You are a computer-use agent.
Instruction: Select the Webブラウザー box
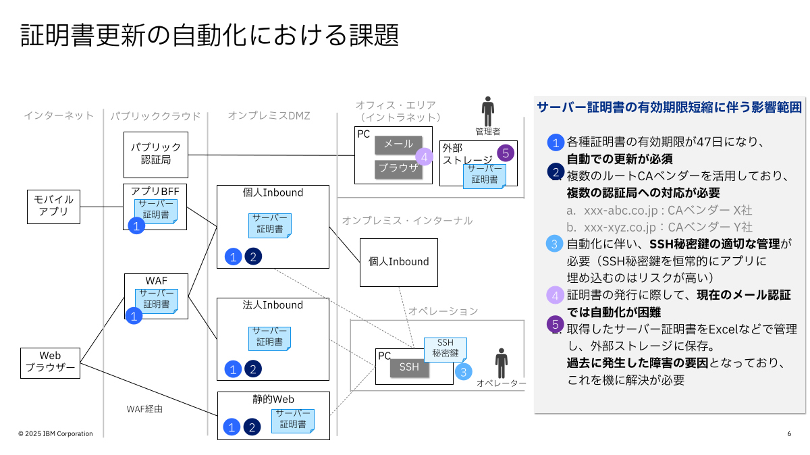pos(51,363)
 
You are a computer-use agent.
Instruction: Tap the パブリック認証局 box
pos(156,155)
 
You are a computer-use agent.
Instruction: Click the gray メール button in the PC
pos(398,144)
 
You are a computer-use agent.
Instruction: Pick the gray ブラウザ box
pos(398,169)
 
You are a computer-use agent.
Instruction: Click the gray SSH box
pos(409,367)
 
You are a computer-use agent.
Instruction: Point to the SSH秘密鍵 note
pos(445,348)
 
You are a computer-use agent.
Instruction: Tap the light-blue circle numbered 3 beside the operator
pos(463,371)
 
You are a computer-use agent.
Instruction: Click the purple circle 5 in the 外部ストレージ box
pos(506,153)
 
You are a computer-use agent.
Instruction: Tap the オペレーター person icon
pos(501,363)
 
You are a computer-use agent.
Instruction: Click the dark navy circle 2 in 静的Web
pos(252,427)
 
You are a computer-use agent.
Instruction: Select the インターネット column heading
pos(59,115)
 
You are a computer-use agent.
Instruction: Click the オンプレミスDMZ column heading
pos(269,115)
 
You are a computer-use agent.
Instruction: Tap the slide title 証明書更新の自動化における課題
pos(209,35)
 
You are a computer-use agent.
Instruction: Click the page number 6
pos(789,433)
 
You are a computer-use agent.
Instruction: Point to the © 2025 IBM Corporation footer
pos(55,433)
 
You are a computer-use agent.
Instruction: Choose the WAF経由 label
pos(144,408)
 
